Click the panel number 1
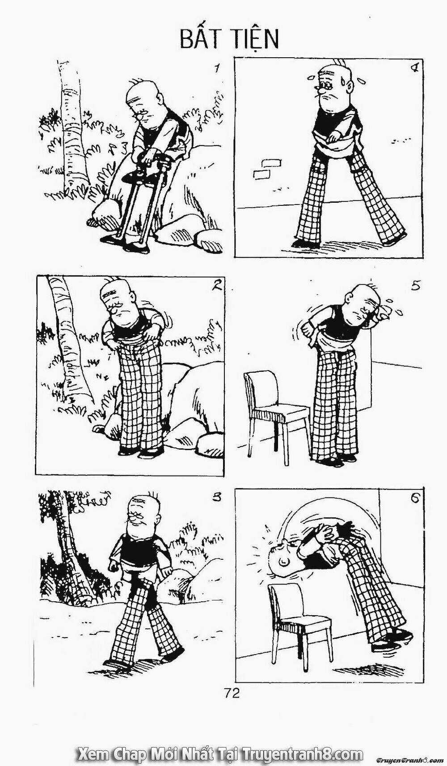[x=216, y=69]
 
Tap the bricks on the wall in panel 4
[x=266, y=169]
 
